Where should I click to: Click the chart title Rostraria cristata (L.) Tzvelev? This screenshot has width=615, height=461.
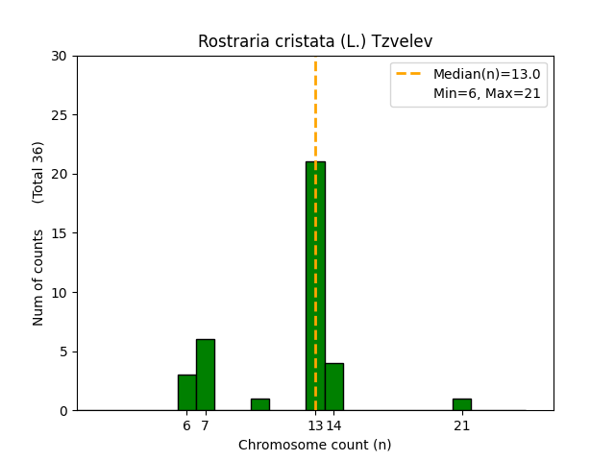(315, 41)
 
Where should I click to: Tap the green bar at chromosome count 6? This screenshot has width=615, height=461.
(186, 393)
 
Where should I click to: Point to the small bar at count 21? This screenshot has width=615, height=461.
(462, 404)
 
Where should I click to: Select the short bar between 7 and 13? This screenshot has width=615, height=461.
(259, 404)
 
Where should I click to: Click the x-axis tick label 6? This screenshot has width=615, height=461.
(186, 425)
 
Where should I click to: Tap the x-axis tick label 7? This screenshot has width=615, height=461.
(205, 425)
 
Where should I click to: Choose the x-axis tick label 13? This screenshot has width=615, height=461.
(314, 425)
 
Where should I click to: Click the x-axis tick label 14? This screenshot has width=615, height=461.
(334, 425)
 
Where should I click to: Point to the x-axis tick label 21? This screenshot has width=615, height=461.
(462, 425)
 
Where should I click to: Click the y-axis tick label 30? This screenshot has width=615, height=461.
(60, 56)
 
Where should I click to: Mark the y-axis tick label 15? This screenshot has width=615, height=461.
(60, 233)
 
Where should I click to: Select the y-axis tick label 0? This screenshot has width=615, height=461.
(63, 411)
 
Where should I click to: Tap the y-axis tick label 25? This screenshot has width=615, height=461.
(60, 115)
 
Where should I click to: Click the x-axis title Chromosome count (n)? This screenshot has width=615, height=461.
(315, 445)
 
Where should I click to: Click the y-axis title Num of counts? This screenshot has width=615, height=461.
(38, 277)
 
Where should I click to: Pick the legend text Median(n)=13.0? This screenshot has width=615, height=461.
(486, 74)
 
